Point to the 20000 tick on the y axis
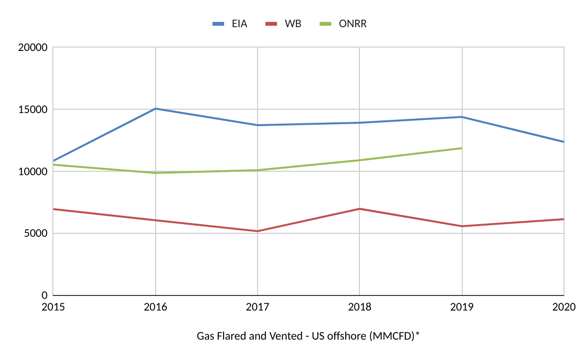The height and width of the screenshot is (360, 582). pyautogui.click(x=32, y=48)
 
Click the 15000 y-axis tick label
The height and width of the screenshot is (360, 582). pyautogui.click(x=32, y=110)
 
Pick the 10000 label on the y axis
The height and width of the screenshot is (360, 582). pyautogui.click(x=32, y=172)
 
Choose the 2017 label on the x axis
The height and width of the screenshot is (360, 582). pyautogui.click(x=258, y=307)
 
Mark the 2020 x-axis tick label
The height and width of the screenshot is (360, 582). pyautogui.click(x=564, y=307)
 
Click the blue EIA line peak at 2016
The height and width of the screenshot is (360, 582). pyautogui.click(x=155, y=109)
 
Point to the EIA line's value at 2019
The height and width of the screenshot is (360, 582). pyautogui.click(x=462, y=117)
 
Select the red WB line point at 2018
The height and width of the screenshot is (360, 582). pyautogui.click(x=359, y=209)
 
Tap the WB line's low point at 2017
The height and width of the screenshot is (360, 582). pyautogui.click(x=258, y=231)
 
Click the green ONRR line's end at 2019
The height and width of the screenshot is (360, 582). pyautogui.click(x=461, y=148)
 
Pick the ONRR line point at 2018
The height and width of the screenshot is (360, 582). pyautogui.click(x=359, y=160)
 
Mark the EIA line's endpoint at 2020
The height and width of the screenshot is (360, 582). pyautogui.click(x=564, y=142)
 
